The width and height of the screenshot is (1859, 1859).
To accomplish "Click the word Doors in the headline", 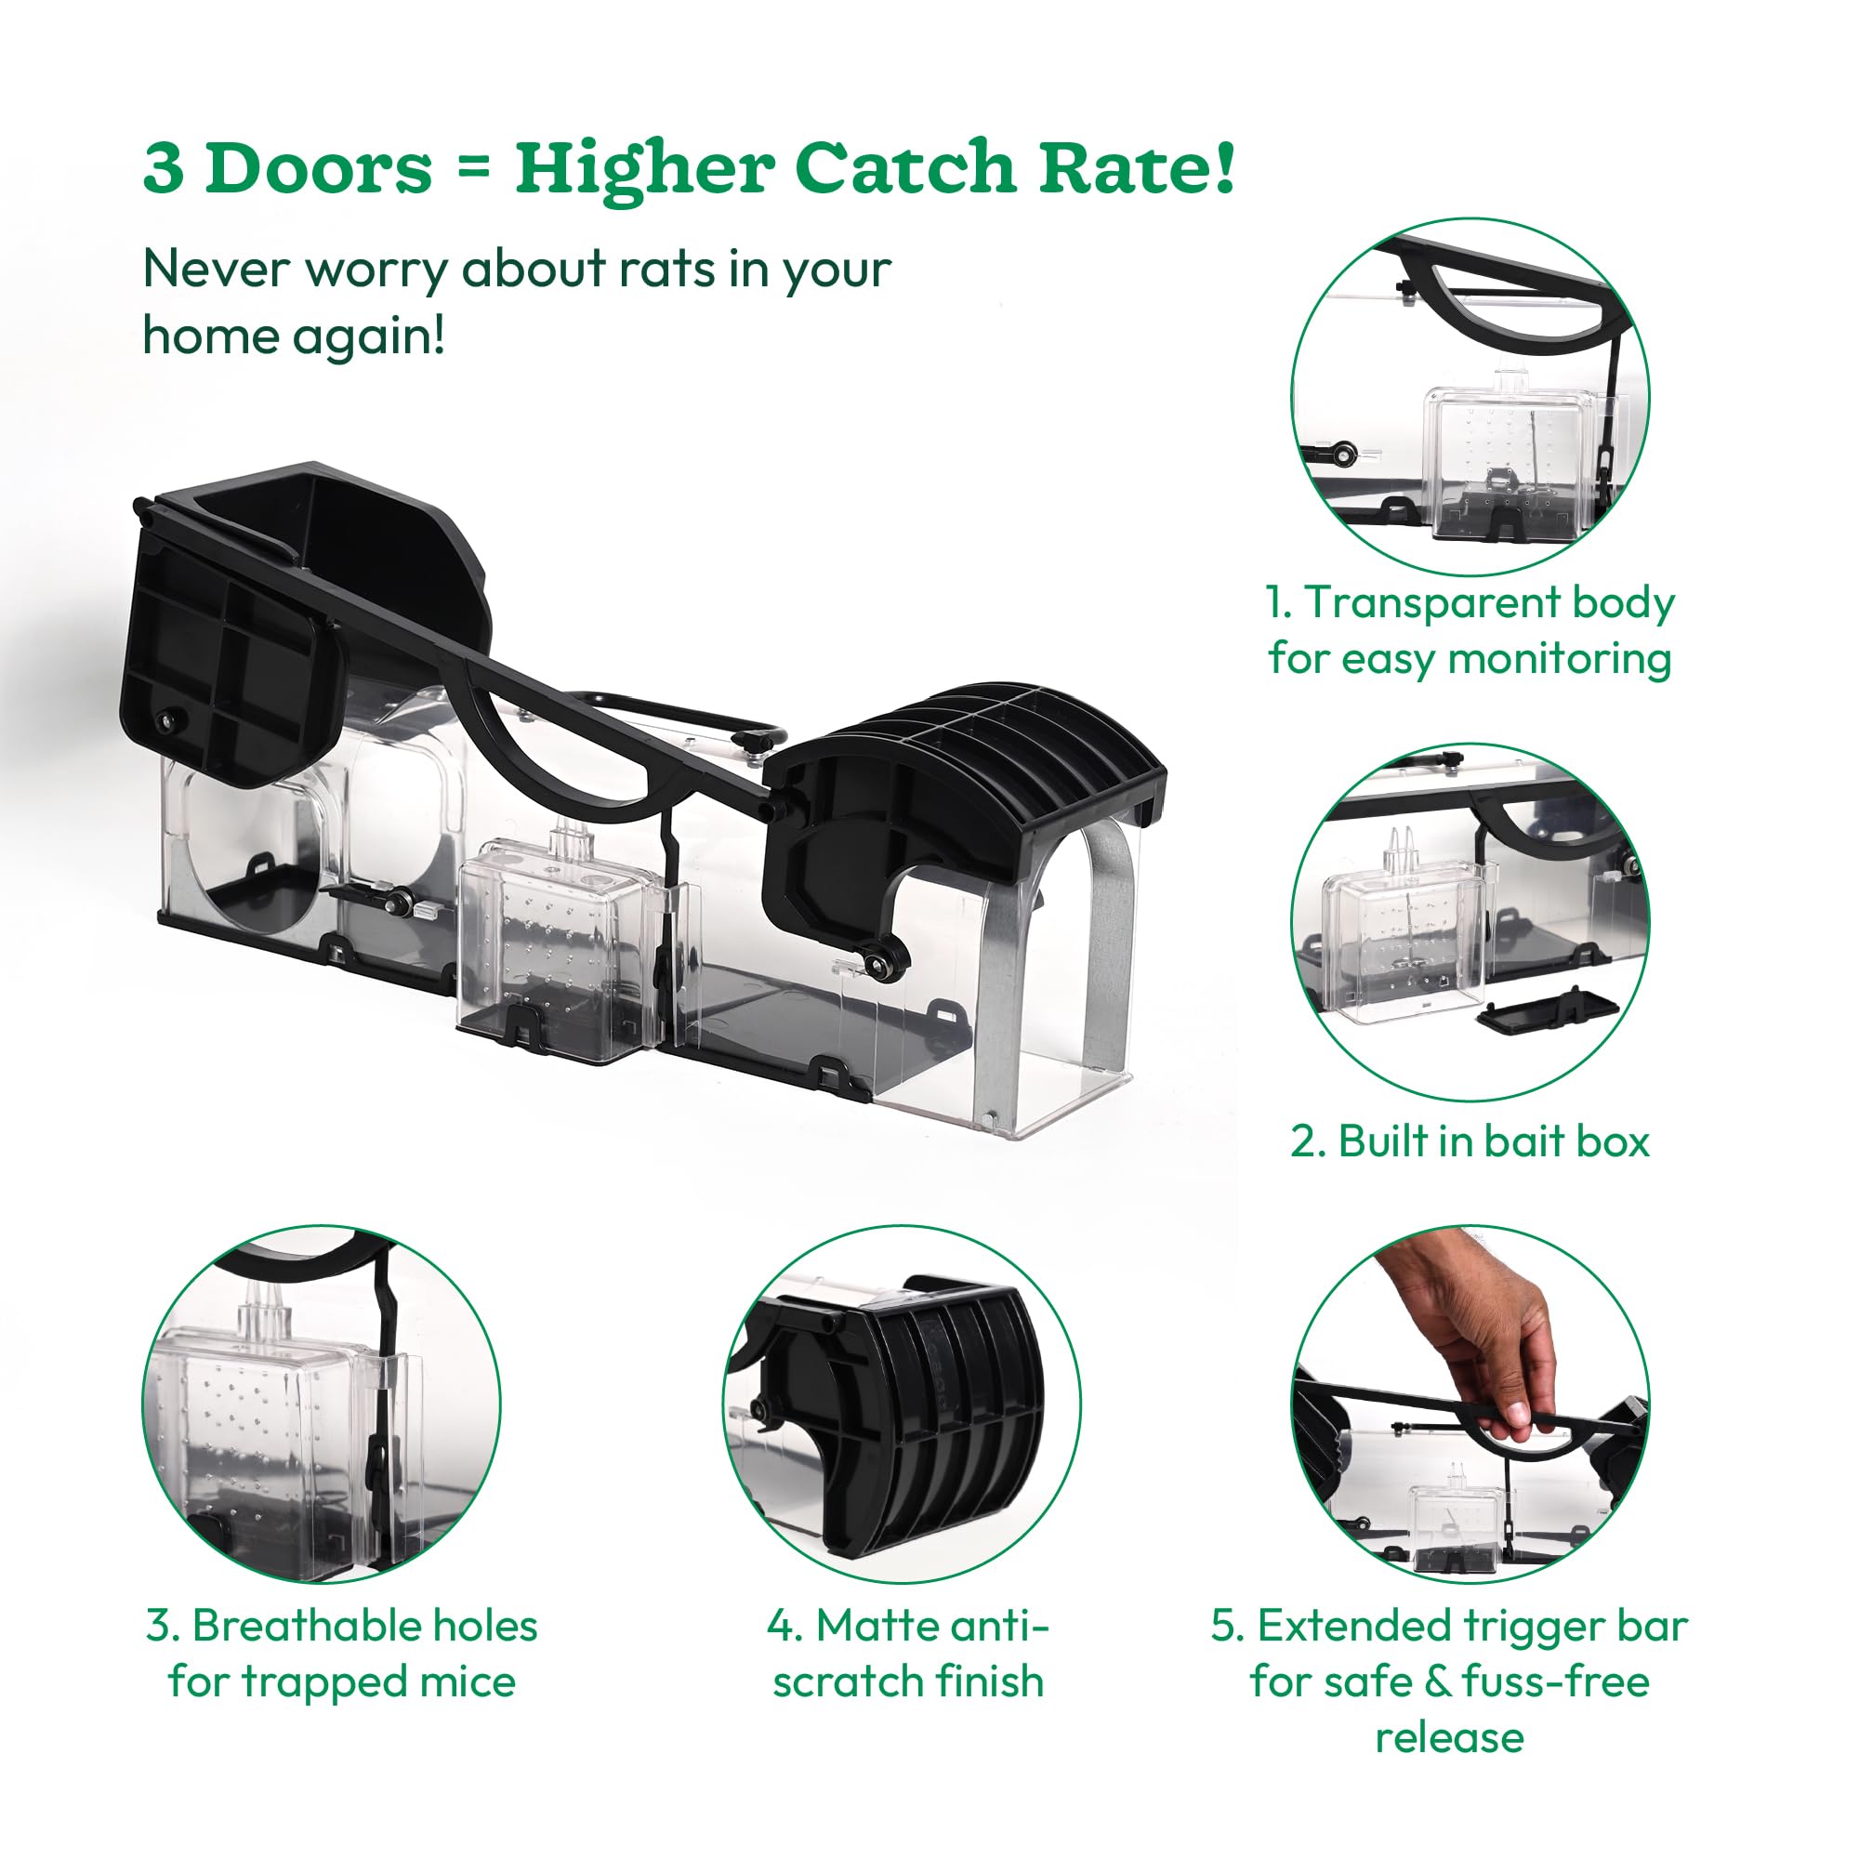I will [x=319, y=169].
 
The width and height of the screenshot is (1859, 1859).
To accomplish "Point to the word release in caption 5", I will [x=1449, y=1738].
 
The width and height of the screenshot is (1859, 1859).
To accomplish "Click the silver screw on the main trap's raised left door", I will [x=170, y=717].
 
